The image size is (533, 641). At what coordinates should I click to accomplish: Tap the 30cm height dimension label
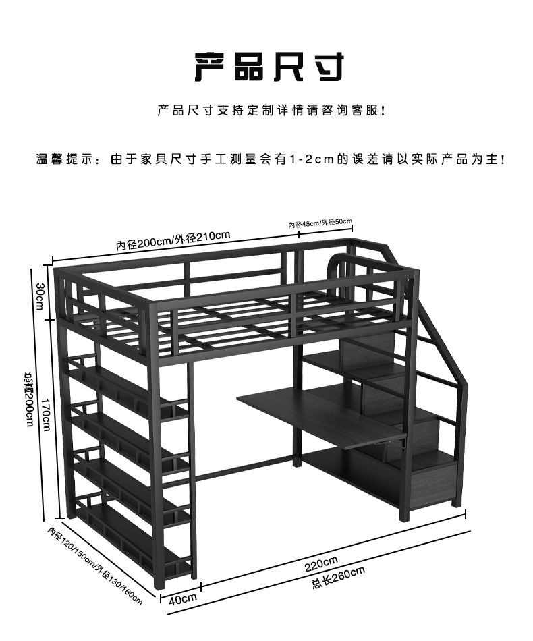click(40, 296)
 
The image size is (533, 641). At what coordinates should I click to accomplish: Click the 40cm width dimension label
click(182, 598)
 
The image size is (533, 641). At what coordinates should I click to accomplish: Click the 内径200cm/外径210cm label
click(173, 240)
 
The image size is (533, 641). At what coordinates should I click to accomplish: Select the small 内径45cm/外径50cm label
click(320, 223)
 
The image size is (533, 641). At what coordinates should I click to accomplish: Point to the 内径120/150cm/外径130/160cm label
click(95, 565)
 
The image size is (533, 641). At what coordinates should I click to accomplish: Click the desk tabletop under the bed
click(317, 412)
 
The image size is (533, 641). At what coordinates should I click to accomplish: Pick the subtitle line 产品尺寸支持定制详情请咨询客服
click(270, 110)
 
